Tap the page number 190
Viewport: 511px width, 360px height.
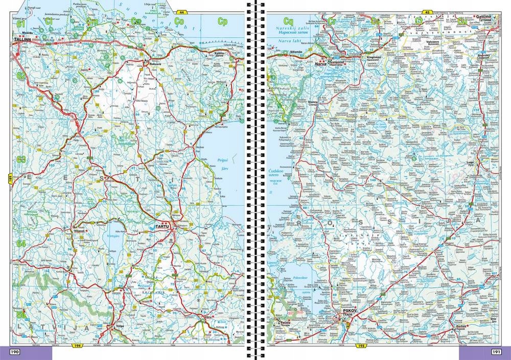click(15, 352)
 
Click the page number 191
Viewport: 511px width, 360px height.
click(496, 352)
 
